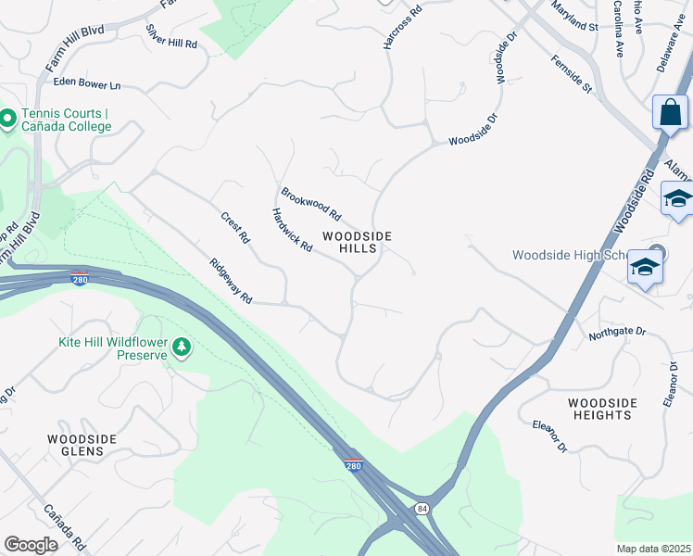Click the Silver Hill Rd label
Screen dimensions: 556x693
tap(171, 36)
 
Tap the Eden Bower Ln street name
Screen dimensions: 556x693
tap(87, 84)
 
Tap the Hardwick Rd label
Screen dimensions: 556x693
tap(292, 229)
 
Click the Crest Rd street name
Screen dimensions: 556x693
tap(235, 228)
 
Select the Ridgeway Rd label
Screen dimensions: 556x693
tap(231, 282)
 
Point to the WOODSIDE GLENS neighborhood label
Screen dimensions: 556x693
tap(82, 445)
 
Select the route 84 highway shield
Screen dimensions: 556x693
tap(422, 509)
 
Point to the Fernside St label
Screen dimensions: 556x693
tap(571, 74)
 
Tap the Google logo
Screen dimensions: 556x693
tap(31, 545)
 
